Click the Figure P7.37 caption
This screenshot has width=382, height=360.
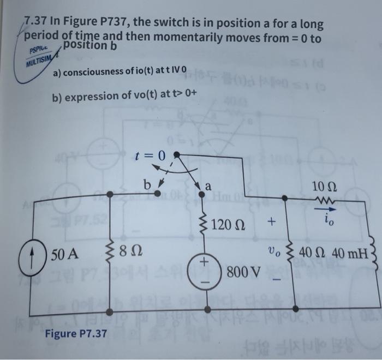(76, 333)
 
